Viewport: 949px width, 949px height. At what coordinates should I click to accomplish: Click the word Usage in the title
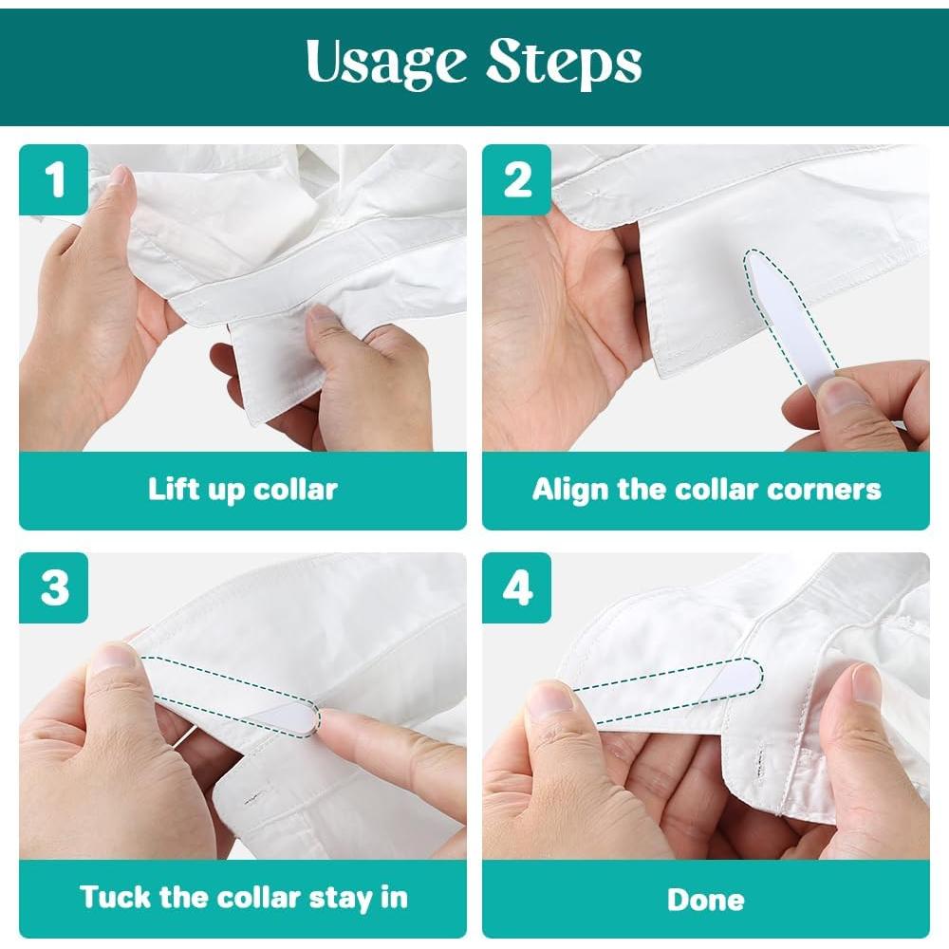[386, 64]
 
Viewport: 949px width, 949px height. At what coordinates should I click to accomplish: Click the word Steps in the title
[564, 64]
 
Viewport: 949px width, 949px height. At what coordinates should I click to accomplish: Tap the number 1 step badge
[54, 179]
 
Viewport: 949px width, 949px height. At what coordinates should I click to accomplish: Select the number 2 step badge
[517, 179]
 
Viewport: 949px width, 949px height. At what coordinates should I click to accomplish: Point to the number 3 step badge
[54, 587]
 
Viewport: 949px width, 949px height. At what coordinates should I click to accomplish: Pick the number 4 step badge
[517, 587]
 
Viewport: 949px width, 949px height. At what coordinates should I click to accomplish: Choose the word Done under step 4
[706, 900]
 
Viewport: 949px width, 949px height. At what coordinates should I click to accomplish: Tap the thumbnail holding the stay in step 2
[846, 397]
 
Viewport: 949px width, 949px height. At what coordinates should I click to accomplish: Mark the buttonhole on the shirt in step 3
[255, 799]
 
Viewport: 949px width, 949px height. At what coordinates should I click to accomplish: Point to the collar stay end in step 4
[751, 673]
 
